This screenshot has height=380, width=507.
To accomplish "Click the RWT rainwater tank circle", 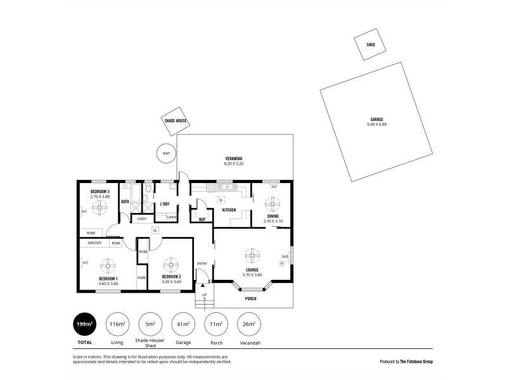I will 166,153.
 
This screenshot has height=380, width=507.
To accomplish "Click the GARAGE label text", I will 376,119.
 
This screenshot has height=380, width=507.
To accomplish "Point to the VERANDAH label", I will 233,158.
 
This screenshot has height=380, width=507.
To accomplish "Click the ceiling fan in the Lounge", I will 252,256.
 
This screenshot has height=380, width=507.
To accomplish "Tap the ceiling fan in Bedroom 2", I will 171,263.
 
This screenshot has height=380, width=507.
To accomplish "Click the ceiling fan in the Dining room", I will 273,203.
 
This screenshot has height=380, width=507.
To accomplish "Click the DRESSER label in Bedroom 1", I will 94,243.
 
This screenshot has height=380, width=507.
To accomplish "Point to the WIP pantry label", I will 202,220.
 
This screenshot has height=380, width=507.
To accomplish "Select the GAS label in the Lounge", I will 285,257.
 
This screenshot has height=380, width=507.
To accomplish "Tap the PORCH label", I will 251,299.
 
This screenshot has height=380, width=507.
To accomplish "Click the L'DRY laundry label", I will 164,204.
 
